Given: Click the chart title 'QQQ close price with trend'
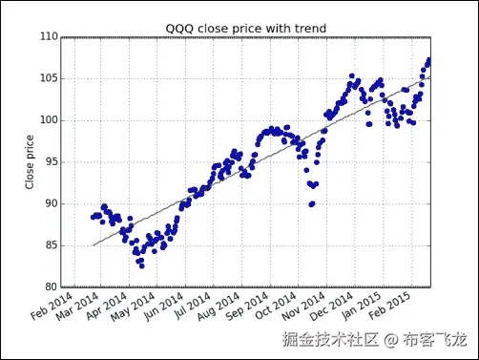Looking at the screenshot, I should pyautogui.click(x=246, y=28).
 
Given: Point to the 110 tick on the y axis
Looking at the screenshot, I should pyautogui.click(x=45, y=37).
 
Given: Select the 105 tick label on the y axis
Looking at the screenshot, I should pyautogui.click(x=45, y=79).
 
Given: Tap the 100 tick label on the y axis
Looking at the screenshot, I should pyautogui.click(x=45, y=120).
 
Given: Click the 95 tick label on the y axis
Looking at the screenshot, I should pyautogui.click(x=48, y=162).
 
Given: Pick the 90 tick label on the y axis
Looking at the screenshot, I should pyautogui.click(x=48, y=204).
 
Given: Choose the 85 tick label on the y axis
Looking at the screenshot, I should pyautogui.click(x=48, y=245).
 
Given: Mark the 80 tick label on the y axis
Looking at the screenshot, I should pyautogui.click(x=48, y=287).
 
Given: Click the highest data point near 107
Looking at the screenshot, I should pyautogui.click(x=428, y=60).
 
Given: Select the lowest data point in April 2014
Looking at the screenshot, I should pyautogui.click(x=141, y=265).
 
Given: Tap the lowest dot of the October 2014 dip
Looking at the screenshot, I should pyautogui.click(x=311, y=204).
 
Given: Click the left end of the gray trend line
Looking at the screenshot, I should pyautogui.click(x=93, y=245).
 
